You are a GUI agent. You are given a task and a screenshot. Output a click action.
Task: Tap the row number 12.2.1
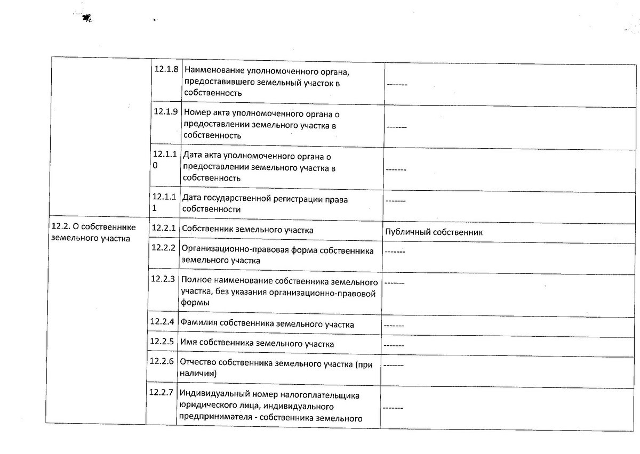(163, 228)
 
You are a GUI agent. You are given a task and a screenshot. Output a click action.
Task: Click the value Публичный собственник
(433, 232)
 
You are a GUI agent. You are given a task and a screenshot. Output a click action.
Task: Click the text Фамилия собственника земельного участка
(267, 324)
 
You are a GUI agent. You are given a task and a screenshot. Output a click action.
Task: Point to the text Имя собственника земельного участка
(257, 344)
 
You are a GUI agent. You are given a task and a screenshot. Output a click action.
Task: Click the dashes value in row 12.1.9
(397, 127)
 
